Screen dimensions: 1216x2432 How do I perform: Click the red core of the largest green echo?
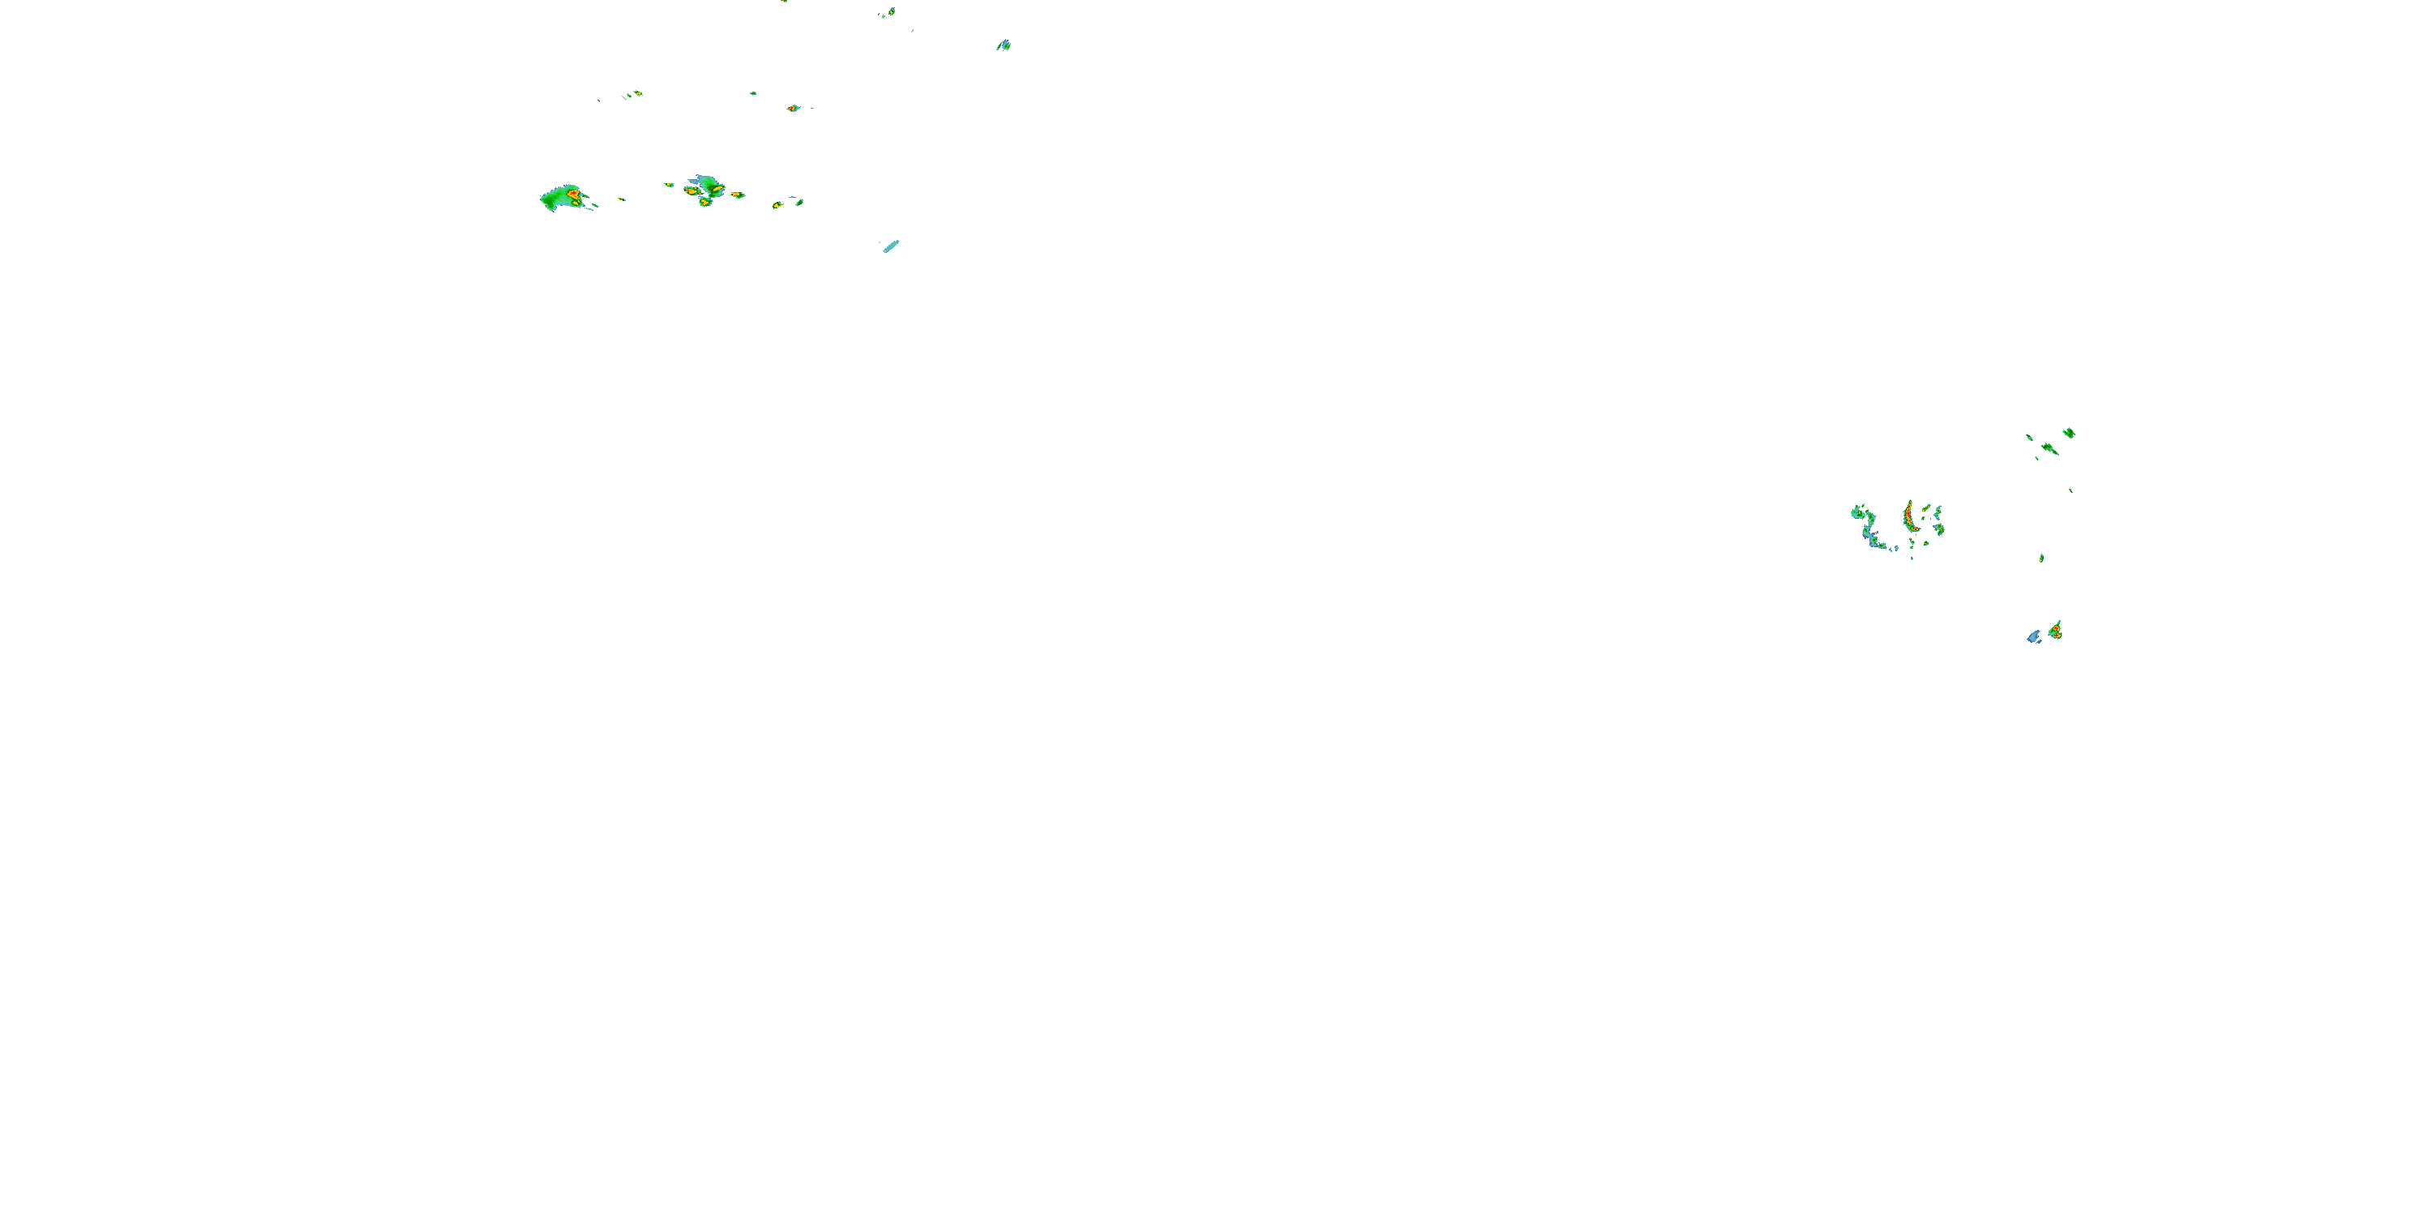pos(572,195)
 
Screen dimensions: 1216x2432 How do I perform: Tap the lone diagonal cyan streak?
pos(891,246)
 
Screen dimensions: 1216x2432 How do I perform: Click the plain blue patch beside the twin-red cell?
pos(2034,636)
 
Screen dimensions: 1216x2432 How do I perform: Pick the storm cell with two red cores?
pos(2054,631)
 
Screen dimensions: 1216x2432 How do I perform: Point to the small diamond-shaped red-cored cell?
pos(793,109)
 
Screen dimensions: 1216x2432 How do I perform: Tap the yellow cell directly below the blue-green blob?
pos(704,201)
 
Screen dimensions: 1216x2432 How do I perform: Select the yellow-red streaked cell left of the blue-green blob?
pos(691,191)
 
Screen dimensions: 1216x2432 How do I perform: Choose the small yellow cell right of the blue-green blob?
pos(738,195)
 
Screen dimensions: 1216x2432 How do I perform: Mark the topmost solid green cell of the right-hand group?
pos(2069,432)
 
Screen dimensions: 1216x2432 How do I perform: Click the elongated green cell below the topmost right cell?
pos(2049,448)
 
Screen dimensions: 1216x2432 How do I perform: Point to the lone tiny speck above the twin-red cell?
pos(2041,558)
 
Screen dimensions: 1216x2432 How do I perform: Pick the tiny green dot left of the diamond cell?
pos(752,93)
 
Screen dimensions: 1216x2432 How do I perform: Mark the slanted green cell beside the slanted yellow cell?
pos(799,201)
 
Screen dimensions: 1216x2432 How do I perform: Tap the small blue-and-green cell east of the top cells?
pos(1004,45)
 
